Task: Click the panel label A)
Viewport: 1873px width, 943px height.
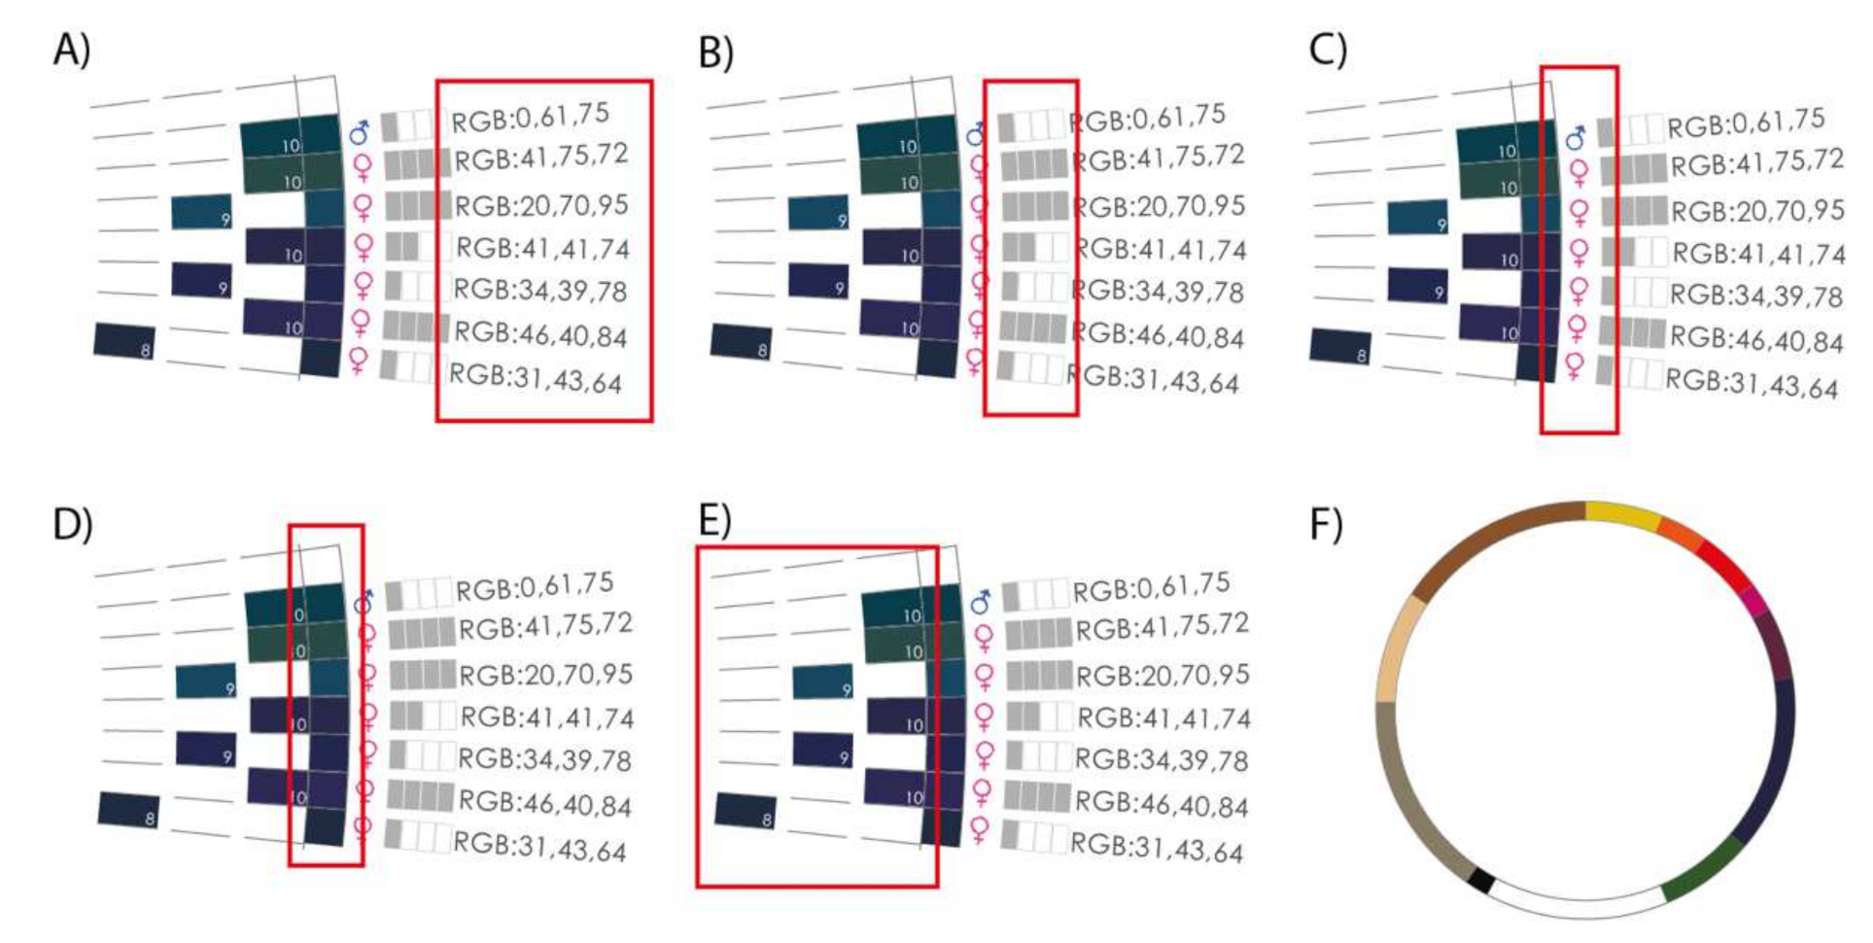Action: [x=71, y=50]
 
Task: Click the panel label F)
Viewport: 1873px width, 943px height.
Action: [x=1326, y=524]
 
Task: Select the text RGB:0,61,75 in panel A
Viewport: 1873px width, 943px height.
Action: [x=531, y=118]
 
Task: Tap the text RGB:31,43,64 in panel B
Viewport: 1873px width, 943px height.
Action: [x=1154, y=379]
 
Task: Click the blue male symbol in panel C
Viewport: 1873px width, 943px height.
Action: [x=1576, y=138]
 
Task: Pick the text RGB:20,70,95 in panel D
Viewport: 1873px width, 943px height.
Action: [x=545, y=675]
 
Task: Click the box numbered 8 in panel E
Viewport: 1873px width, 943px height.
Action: [x=745, y=811]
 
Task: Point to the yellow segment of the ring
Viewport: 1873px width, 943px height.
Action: [x=1621, y=515]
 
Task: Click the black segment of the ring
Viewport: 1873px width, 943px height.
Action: [x=1480, y=881]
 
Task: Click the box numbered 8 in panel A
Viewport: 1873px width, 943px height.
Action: [x=123, y=340]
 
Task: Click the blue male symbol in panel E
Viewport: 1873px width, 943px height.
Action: [x=981, y=602]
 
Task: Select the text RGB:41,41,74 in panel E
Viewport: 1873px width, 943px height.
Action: [x=1163, y=718]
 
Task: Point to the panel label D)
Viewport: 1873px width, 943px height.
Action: [x=72, y=524]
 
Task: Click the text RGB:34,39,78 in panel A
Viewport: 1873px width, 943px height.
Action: [x=540, y=291]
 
